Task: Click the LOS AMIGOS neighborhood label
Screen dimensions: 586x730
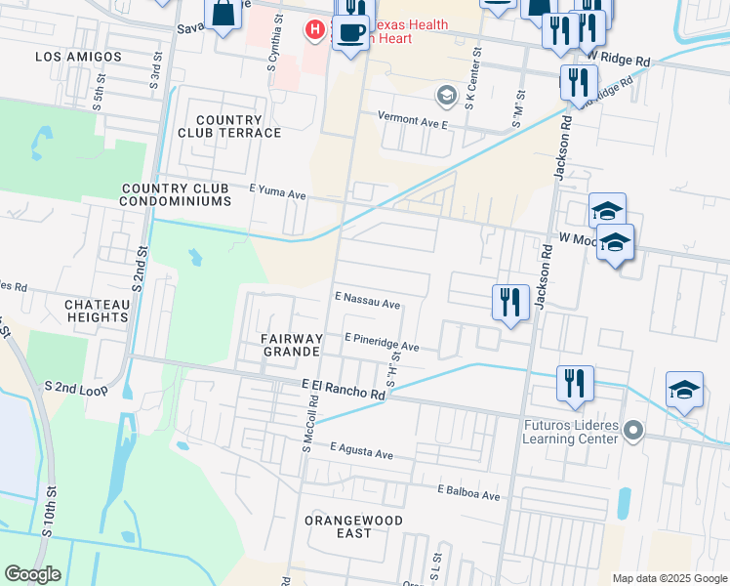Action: point(79,57)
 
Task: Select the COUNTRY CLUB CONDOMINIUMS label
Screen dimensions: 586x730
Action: point(176,194)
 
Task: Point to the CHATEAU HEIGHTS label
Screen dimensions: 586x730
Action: point(98,311)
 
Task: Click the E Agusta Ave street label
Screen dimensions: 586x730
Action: point(361,452)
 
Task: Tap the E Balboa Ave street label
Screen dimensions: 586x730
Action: point(468,492)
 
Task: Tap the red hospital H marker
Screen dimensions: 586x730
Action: point(314,31)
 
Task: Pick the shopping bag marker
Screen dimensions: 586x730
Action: point(223,14)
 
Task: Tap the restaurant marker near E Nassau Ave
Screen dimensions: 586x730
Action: point(510,303)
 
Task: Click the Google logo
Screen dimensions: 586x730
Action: point(33,574)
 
